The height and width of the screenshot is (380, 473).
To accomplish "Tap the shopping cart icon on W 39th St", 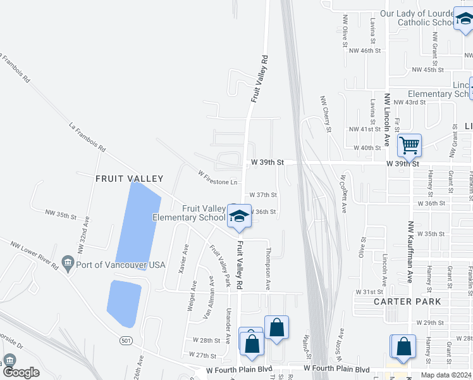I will pyautogui.click(x=409, y=146).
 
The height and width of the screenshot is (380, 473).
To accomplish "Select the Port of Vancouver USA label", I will pyautogui.click(x=120, y=264).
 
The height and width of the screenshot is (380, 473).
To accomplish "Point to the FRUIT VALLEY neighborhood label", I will pyautogui.click(x=129, y=179).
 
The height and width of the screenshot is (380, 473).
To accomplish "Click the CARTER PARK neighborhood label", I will pyautogui.click(x=407, y=301).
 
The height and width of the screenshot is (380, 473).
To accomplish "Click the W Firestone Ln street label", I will pyautogui.click(x=218, y=177).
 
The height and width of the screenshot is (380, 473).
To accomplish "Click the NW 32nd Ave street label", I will pyautogui.click(x=85, y=234).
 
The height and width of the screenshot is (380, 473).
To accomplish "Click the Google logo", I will pyautogui.click(x=21, y=372).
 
